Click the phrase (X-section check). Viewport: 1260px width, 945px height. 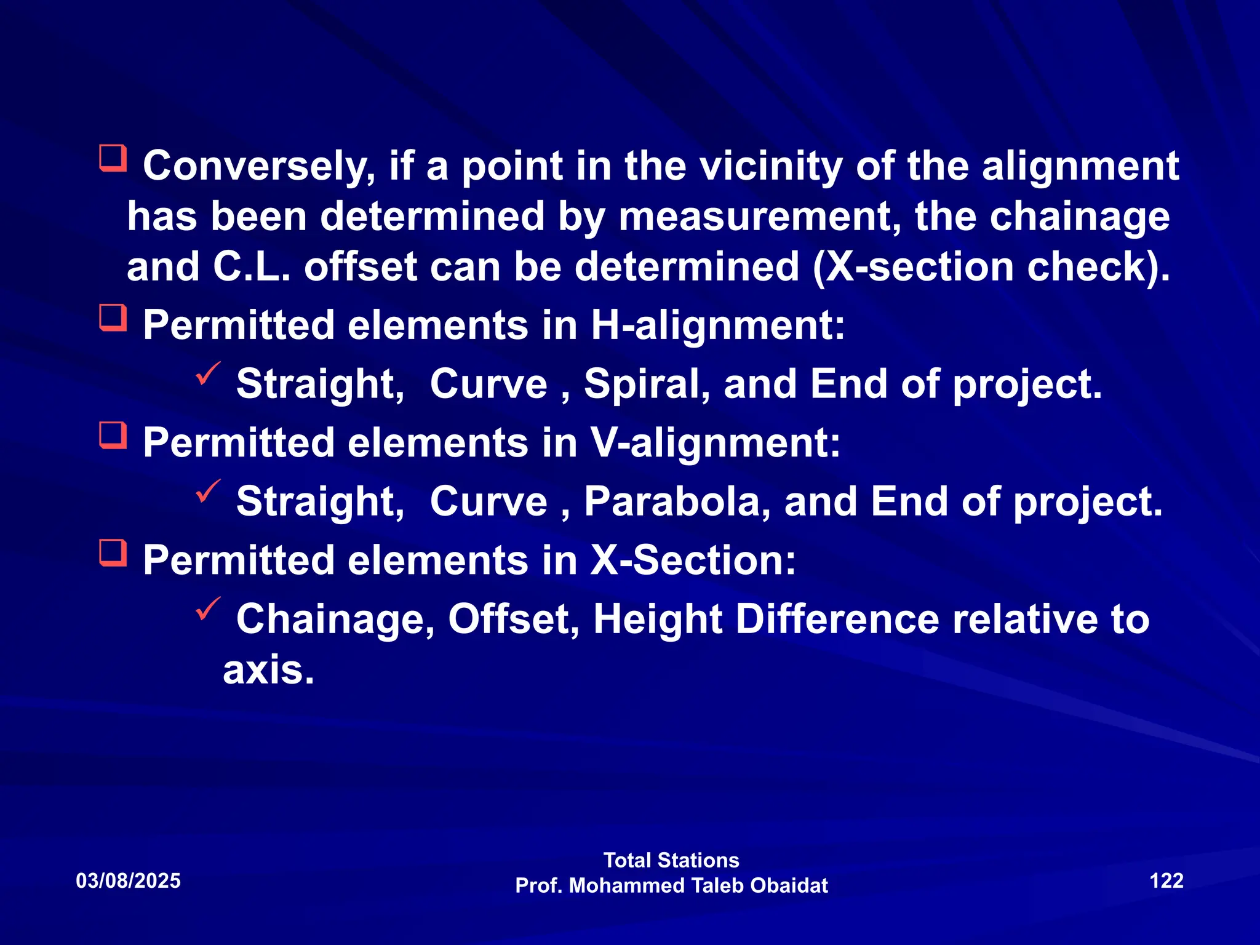(x=991, y=268)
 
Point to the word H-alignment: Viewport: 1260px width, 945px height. (x=718, y=325)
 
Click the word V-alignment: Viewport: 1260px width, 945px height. (x=716, y=443)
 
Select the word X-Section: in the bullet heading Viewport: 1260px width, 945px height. (x=693, y=560)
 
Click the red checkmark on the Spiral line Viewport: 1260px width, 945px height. (x=208, y=373)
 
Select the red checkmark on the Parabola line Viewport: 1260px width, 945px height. (x=208, y=491)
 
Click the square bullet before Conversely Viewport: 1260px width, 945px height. (x=113, y=158)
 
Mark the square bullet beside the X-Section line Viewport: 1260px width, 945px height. (x=113, y=552)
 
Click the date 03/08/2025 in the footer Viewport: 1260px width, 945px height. (x=128, y=880)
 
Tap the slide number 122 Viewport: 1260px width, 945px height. (x=1166, y=880)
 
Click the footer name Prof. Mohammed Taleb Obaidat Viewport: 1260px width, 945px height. (x=671, y=885)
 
